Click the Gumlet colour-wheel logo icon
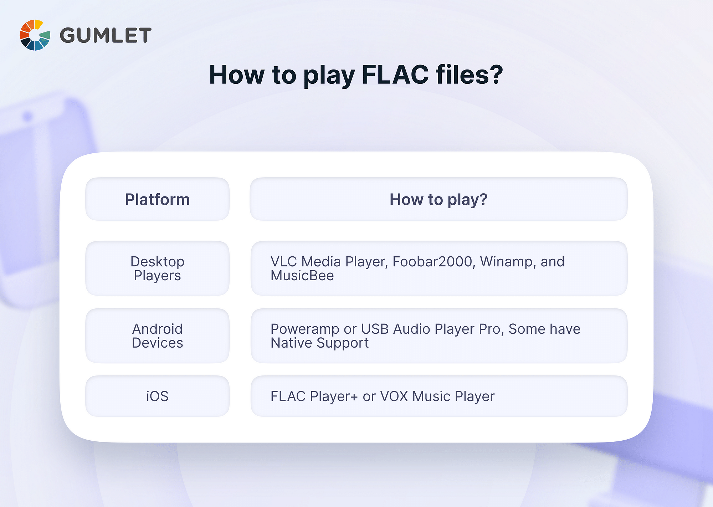click(x=35, y=35)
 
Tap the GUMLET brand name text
click(x=106, y=35)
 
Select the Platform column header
click(x=157, y=199)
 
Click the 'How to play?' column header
click(x=438, y=199)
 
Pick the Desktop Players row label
click(x=157, y=268)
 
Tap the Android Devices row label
click(x=157, y=336)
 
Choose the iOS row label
click(x=157, y=396)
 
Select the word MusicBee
click(x=302, y=276)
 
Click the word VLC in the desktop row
click(x=284, y=262)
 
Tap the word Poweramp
click(x=305, y=329)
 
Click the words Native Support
click(x=319, y=343)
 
